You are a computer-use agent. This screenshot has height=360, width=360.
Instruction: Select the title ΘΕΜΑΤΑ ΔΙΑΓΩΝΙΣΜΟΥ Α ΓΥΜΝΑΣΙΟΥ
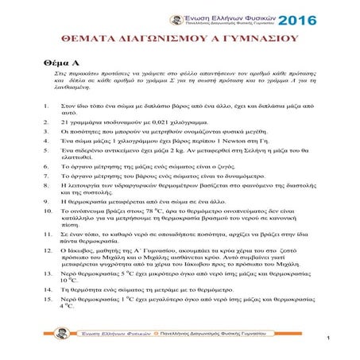click(x=180, y=37)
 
